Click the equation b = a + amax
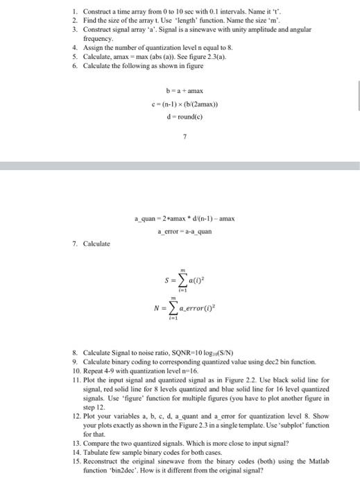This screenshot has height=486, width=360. pos(183,91)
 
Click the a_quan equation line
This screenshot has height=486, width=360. pos(185,219)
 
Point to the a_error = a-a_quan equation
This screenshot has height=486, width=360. pos(185,231)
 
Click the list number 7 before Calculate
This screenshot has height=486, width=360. pos(75,244)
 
